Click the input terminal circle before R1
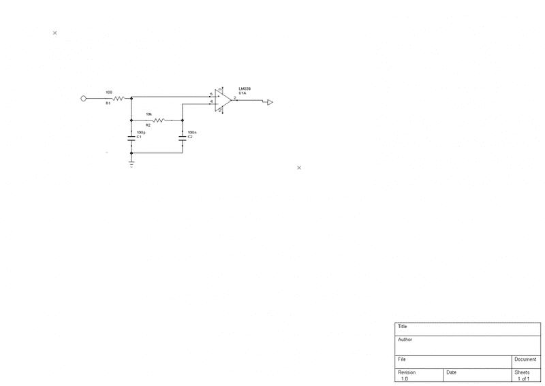(x=84, y=98)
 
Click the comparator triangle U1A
(x=223, y=99)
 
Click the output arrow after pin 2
(x=270, y=102)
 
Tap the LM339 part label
(x=245, y=89)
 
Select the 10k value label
(x=149, y=114)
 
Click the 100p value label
(x=141, y=132)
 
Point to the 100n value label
(x=192, y=132)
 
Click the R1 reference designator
(x=108, y=103)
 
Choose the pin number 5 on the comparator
(x=211, y=94)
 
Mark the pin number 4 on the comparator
(x=211, y=101)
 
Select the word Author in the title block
(x=405, y=340)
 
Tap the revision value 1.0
(x=405, y=379)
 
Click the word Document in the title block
(x=525, y=359)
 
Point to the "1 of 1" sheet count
(x=523, y=379)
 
